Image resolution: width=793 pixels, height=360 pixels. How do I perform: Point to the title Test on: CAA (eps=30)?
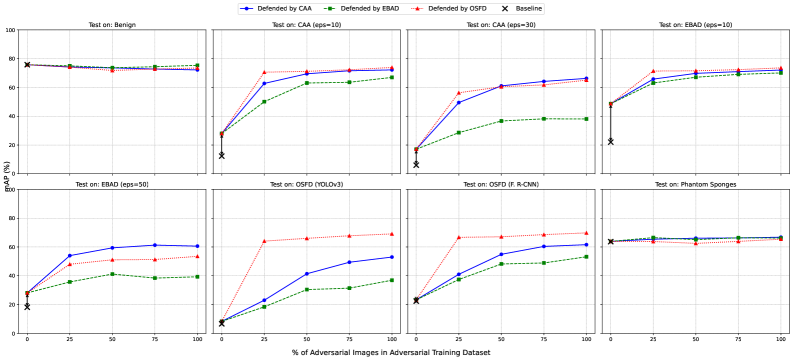click(x=500, y=25)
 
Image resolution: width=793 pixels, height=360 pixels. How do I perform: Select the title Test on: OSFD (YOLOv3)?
click(x=306, y=184)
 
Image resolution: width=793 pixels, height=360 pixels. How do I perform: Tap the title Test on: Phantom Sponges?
click(x=695, y=184)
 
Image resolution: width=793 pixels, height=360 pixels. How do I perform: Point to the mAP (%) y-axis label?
click(x=5, y=180)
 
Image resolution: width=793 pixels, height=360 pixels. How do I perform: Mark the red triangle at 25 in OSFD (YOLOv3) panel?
click(x=264, y=241)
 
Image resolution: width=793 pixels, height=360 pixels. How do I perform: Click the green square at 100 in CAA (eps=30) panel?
click(x=586, y=119)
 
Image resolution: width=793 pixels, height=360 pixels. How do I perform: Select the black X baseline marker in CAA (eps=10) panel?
click(x=221, y=155)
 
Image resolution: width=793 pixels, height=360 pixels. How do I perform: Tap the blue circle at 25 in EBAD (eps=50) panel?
click(x=69, y=255)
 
